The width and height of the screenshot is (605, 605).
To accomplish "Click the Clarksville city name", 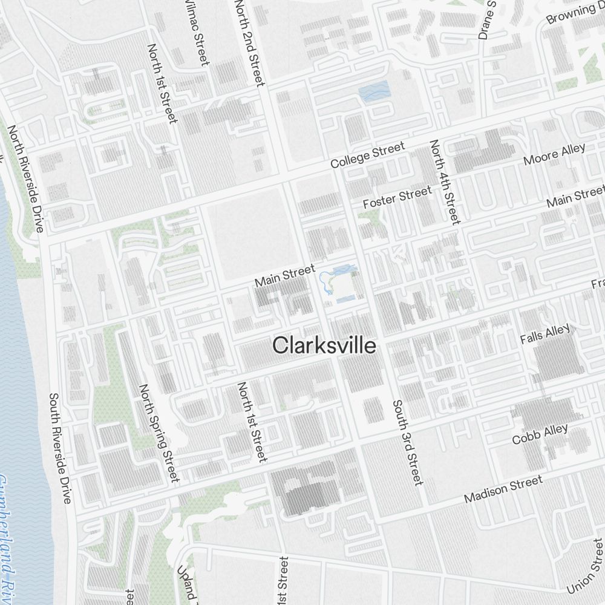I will (324, 345).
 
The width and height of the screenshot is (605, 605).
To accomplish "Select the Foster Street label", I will (397, 198).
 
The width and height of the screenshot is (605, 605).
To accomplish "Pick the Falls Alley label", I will (545, 334).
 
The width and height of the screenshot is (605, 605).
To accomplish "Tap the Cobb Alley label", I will (540, 434).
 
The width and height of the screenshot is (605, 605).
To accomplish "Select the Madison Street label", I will (503, 489).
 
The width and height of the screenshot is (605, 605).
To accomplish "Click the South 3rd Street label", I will (406, 442).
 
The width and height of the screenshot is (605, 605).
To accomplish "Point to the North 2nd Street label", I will (249, 42).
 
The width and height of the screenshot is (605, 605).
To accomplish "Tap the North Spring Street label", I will (159, 433).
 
